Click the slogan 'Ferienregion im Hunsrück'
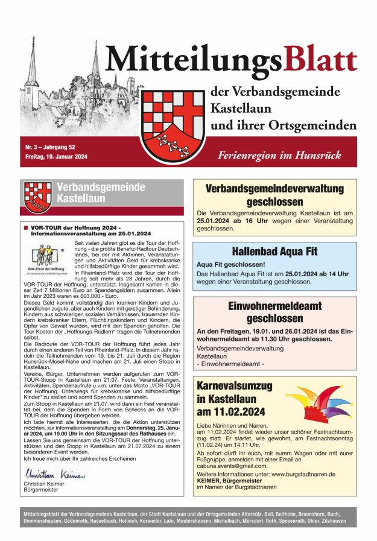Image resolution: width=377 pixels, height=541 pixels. [279, 155]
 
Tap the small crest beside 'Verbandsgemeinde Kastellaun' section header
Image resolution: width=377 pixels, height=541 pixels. [37, 194]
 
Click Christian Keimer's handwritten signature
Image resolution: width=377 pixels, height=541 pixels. [55, 475]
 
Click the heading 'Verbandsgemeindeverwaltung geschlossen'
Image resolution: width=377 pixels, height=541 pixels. [274, 195]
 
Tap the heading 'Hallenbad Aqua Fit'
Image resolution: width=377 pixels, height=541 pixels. [274, 252]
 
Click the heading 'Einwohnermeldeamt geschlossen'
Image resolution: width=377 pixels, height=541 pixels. [274, 311]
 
